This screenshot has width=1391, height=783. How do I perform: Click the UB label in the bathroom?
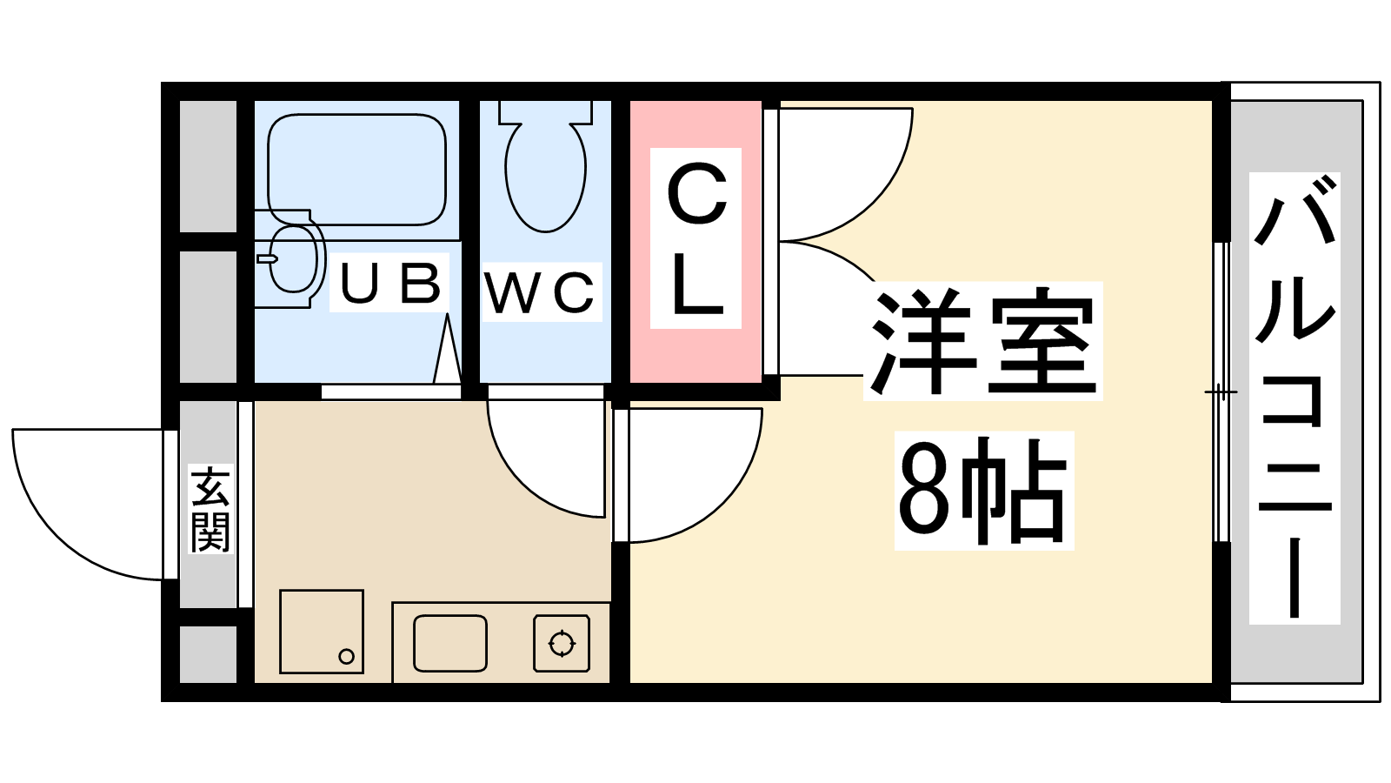(389, 283)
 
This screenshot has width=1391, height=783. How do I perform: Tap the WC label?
(541, 292)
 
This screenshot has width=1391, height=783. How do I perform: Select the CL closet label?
(695, 239)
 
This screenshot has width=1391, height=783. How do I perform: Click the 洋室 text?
(982, 341)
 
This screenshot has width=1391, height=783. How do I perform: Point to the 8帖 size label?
(983, 491)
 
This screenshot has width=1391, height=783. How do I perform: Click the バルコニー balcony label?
(1294, 398)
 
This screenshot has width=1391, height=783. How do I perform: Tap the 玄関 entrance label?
(210, 510)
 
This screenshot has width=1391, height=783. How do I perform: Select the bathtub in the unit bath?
(356, 165)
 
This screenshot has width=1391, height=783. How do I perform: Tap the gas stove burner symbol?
(562, 644)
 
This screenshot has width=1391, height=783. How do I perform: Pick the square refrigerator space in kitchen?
(321, 631)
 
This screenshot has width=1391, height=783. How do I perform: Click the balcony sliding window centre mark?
(1221, 393)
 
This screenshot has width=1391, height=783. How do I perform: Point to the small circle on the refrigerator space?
(346, 657)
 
